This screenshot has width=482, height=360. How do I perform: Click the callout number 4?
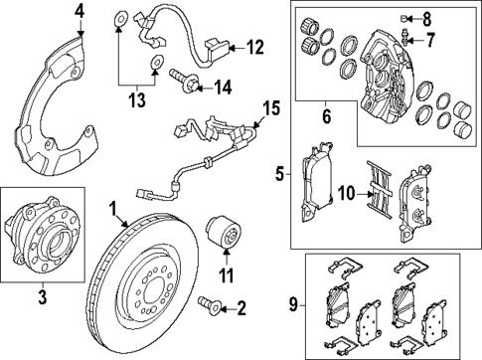(x=80, y=13)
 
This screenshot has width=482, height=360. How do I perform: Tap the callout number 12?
(x=254, y=48)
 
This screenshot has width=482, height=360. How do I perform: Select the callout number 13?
(x=137, y=99)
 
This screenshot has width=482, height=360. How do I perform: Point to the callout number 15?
(x=270, y=108)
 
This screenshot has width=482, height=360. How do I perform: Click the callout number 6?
(x=327, y=116)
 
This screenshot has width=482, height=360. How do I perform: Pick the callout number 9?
(x=293, y=304)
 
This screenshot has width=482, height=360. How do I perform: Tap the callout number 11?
(x=227, y=275)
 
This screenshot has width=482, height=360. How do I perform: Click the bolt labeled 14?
(x=184, y=81)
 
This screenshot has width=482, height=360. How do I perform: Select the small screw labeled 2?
(x=209, y=305)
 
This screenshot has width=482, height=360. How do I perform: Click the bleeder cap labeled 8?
(x=403, y=18)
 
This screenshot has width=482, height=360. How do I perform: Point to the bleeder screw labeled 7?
(x=404, y=38)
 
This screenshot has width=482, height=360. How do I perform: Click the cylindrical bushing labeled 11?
(x=224, y=232)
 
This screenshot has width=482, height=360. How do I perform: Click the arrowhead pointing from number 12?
(x=233, y=48)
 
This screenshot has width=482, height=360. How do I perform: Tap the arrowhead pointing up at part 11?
(x=227, y=252)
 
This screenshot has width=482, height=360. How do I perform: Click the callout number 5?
(x=280, y=174)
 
